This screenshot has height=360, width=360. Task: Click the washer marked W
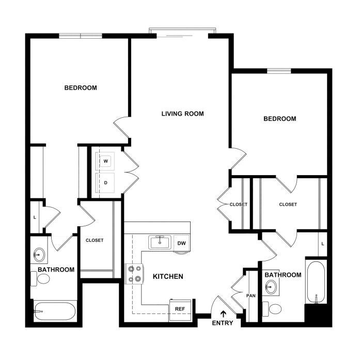point(105,161)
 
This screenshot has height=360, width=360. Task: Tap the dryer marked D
point(105,183)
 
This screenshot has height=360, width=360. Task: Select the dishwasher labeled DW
point(182,243)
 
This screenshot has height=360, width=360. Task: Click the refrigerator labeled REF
point(180,310)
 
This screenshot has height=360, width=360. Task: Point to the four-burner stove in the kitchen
point(134,274)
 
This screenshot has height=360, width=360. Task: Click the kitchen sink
point(160,242)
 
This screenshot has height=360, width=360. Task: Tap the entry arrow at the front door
point(223,314)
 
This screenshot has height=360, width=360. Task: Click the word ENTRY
point(223,323)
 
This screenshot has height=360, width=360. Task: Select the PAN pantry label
point(251,296)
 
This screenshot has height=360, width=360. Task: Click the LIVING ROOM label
point(182,114)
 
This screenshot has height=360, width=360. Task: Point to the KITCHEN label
point(168,276)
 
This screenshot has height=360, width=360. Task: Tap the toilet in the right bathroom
point(272,309)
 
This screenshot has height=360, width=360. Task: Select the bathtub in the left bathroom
point(55,311)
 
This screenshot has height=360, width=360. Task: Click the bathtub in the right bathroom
point(316,282)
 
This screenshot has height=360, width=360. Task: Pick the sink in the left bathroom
point(39,255)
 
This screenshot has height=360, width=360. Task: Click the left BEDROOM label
point(81,88)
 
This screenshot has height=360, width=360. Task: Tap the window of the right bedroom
point(279,71)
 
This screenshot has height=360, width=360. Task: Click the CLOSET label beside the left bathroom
point(95,240)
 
